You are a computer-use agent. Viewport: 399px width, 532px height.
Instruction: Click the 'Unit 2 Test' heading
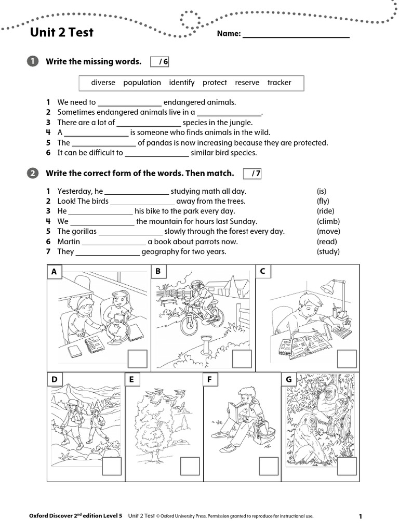pos(62,32)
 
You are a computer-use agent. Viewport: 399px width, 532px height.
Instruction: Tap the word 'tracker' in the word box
pos(279,83)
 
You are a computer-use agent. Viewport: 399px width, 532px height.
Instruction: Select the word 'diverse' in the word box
pos(103,83)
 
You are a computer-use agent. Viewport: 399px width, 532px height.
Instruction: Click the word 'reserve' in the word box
pos(247,83)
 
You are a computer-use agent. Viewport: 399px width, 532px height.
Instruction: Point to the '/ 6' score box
pos(160,62)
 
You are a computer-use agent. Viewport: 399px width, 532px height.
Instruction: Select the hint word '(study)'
pos(328,251)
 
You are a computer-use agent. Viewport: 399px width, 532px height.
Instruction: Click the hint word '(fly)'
pos(323,201)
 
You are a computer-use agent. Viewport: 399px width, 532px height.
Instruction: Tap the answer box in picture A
pos(138,359)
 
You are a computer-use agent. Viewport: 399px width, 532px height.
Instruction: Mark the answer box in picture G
pos(347,466)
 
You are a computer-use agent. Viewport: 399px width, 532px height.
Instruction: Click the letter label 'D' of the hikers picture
pos(54,380)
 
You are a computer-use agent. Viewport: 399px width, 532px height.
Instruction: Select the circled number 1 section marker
pos(32,62)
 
